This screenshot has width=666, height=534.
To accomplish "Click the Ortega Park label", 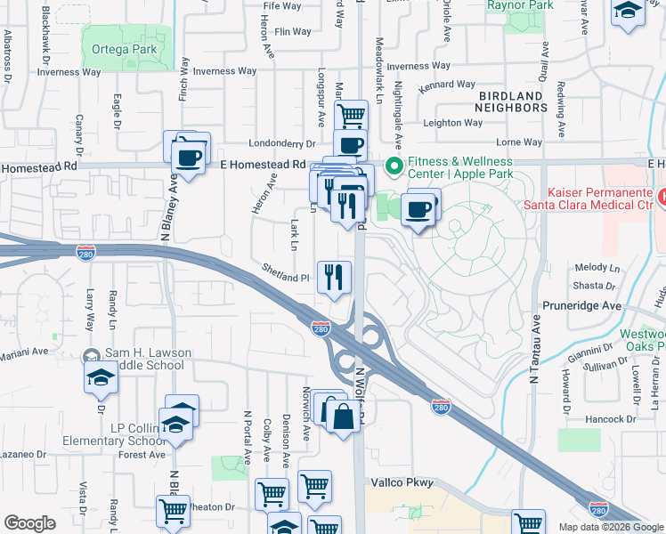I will pos(124,49).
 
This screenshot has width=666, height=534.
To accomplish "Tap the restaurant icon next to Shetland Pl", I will pos(334,275).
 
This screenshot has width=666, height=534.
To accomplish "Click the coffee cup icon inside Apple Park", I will pos(418,209).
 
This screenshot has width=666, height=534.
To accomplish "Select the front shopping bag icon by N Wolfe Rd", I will pos(343,415).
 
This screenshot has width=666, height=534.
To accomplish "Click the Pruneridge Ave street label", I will pos(581,305).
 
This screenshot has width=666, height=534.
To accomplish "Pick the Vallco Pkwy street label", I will pos(402,483).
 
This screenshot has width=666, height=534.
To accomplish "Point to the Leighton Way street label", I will pos(453,123).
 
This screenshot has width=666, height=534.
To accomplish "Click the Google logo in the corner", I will pos(29,523).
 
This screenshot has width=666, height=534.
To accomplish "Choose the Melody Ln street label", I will pos(597,267).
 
